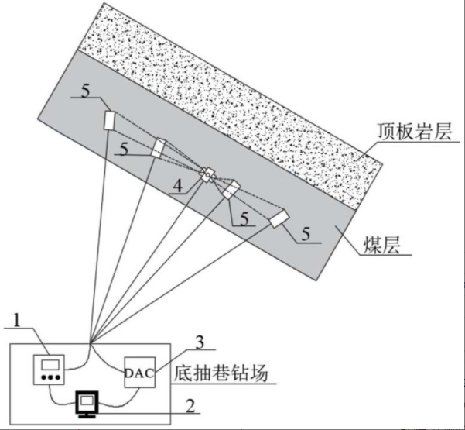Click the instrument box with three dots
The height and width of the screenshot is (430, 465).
[x=50, y=371]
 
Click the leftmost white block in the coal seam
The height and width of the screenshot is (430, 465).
[x=110, y=120]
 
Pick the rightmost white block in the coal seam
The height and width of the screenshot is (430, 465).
[x=279, y=219]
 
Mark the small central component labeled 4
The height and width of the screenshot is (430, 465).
[x=207, y=174]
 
